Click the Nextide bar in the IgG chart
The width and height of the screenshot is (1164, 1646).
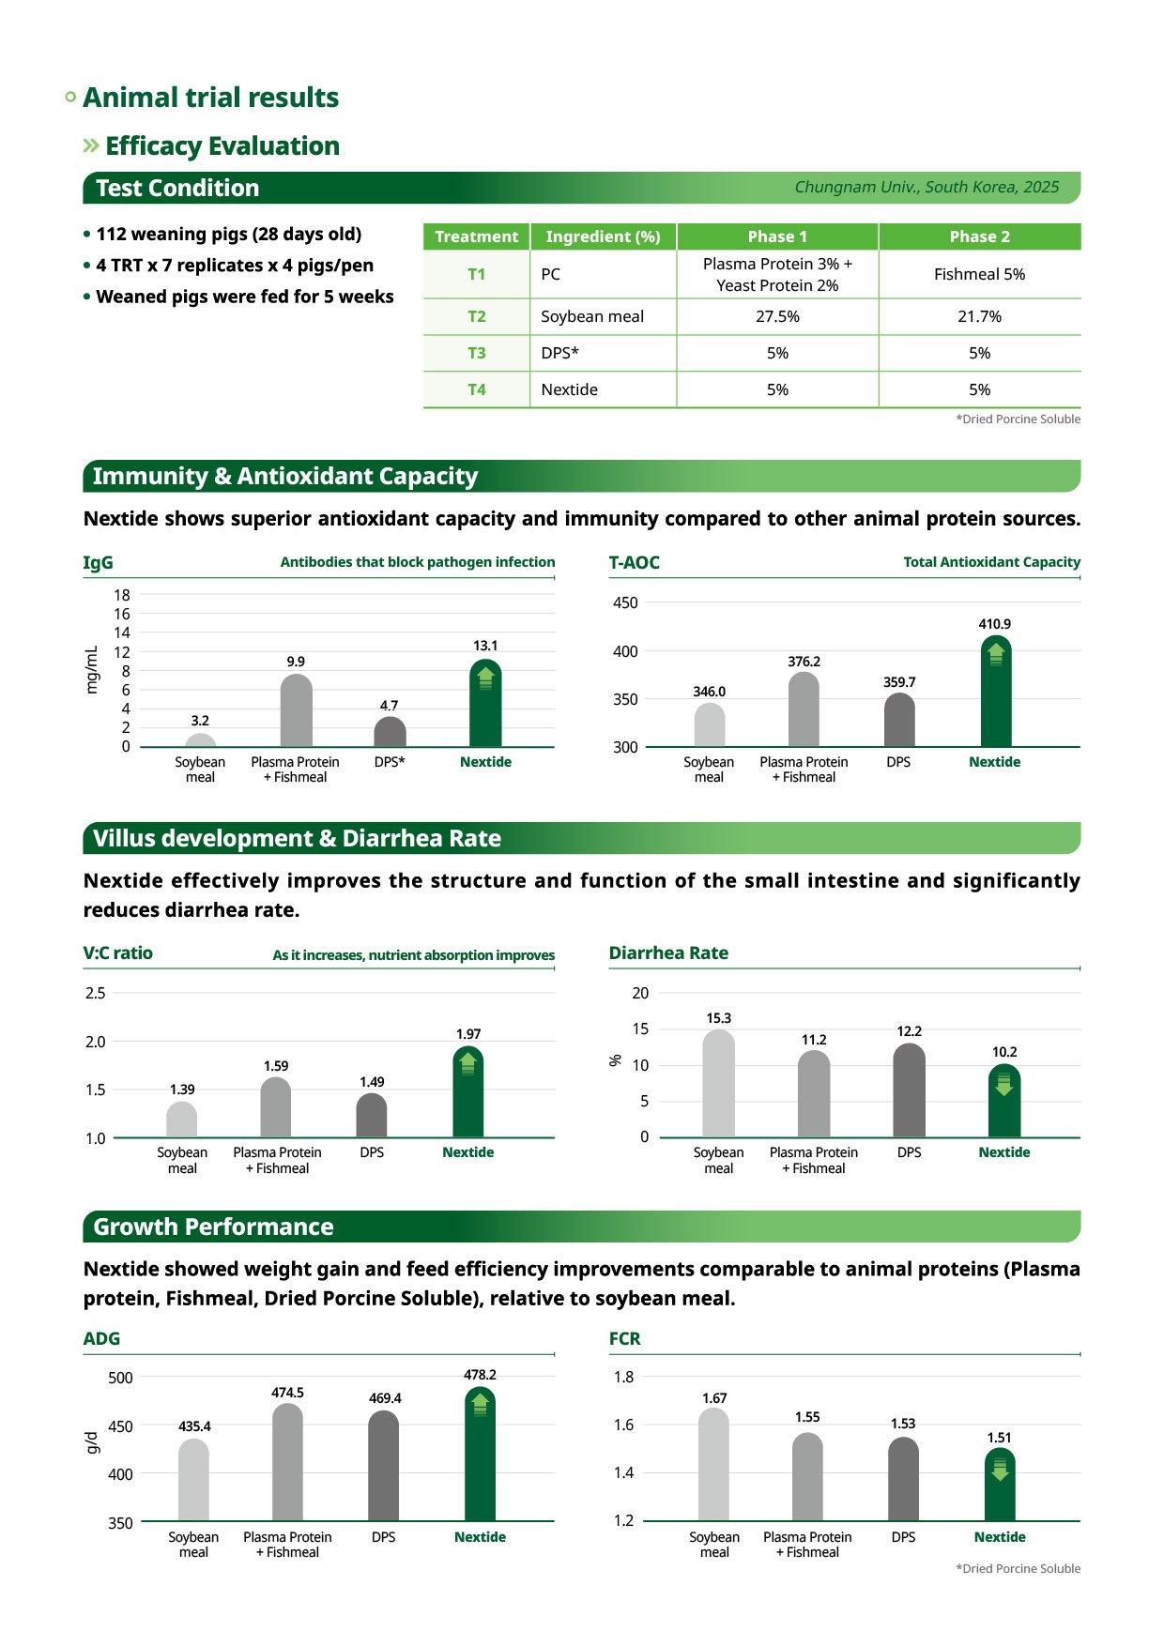pos(485,706)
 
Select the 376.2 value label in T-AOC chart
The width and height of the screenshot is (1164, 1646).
pos(804,662)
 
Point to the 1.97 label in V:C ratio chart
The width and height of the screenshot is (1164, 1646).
pos(468,1034)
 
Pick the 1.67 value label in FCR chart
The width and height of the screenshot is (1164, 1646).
pos(714,1398)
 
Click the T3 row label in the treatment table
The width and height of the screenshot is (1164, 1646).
pos(477,353)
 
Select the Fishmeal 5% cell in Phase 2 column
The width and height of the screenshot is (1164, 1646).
pos(979,274)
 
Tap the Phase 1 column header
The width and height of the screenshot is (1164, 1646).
pos(777,236)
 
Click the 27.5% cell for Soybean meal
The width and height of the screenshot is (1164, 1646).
pos(777,316)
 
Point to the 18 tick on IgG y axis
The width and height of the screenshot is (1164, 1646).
pos(122,595)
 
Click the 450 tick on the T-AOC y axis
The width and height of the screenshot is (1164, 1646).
pos(625,602)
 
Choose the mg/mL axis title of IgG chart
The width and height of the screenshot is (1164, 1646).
pos(92,670)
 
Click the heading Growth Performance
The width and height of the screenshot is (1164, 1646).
pos(213,1227)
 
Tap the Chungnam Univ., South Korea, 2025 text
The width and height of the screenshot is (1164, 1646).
pos(927,187)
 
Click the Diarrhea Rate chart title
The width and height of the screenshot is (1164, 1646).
pos(668,953)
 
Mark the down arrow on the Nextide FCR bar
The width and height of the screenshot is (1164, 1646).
pos(1000,1469)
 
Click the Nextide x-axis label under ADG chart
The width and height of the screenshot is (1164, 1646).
pos(480,1537)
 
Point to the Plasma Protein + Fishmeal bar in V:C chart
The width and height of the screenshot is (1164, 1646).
pos(276,1109)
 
